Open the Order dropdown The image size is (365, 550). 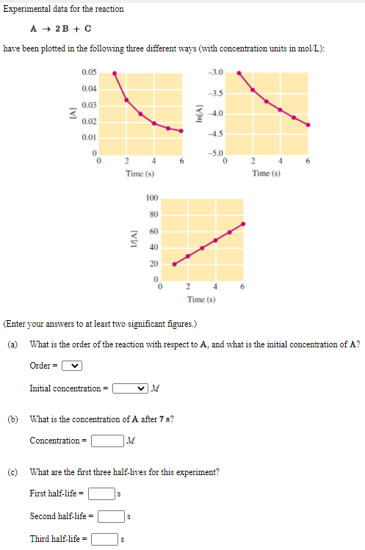coord(72,366)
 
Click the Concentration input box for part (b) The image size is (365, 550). coord(106,441)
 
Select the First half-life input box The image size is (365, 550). coord(101,493)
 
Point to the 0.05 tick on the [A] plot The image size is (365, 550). coord(89,72)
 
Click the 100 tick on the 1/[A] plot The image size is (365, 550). coord(152,198)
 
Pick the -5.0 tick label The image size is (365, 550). coord(215,152)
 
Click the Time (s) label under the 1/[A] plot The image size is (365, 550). coord(201,300)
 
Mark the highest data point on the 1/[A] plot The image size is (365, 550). coord(243,224)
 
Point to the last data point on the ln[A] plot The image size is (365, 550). coord(308,124)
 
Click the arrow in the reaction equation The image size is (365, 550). coord(46,30)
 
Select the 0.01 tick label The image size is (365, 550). coord(89,137)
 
